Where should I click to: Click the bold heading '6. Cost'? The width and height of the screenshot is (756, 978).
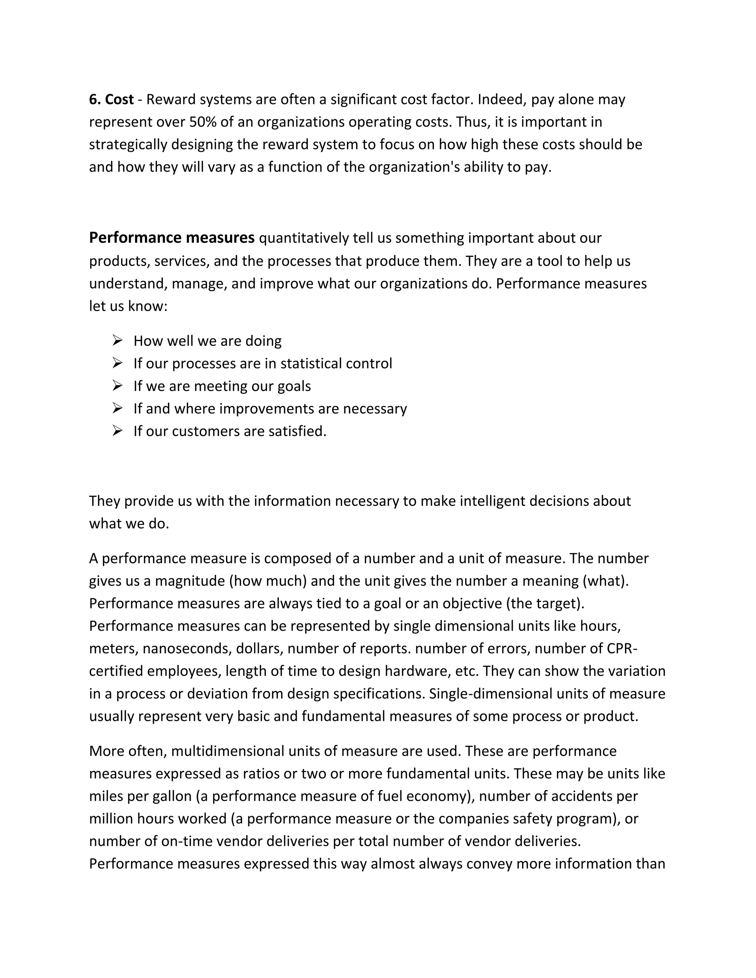(x=111, y=99)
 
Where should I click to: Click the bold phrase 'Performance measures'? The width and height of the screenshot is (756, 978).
(x=172, y=238)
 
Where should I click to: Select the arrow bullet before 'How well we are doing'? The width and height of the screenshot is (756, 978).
(x=117, y=340)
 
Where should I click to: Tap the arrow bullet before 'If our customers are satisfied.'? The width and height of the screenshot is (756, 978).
(x=117, y=431)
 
